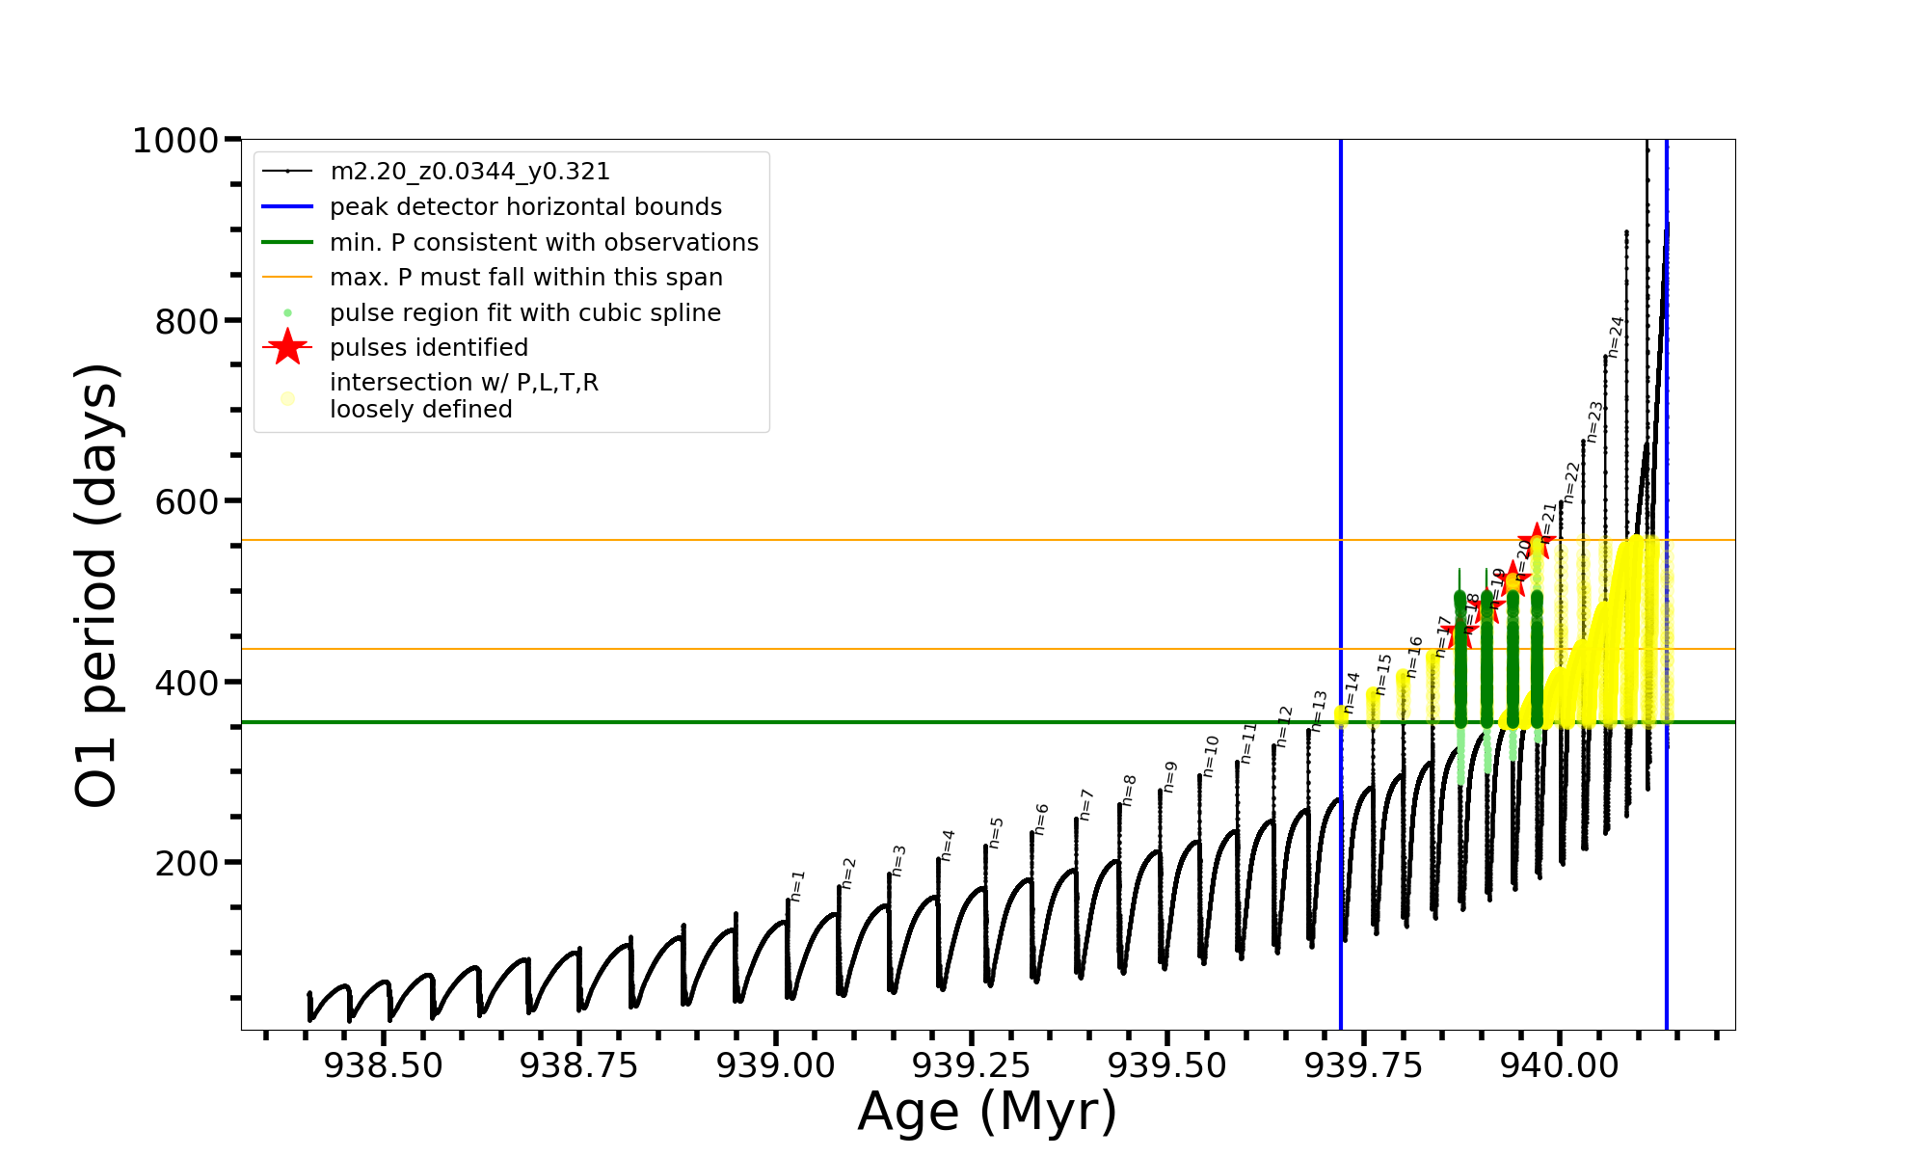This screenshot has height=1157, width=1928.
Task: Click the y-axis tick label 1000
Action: click(175, 141)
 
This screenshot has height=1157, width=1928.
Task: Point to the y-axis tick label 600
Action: click(187, 501)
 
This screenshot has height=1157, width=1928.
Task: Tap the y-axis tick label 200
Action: click(187, 863)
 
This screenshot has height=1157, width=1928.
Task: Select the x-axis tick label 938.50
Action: click(384, 1065)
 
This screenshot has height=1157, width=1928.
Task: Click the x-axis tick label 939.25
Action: click(972, 1065)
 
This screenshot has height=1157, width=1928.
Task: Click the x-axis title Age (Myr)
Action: click(987, 1112)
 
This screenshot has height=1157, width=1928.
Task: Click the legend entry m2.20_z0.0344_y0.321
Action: click(469, 172)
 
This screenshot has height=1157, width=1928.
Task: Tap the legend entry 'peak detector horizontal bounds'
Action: click(525, 207)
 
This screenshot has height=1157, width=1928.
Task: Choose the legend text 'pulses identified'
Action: click(429, 348)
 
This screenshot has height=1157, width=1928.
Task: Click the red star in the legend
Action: click(287, 347)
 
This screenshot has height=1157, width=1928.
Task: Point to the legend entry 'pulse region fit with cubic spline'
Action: click(525, 313)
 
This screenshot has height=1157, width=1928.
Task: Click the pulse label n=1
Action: click(797, 885)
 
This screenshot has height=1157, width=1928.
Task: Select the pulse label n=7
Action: click(1086, 804)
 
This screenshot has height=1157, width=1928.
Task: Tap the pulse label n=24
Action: click(1617, 337)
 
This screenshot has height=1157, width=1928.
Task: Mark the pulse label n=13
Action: click(1320, 711)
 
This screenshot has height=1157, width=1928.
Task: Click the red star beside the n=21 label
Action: click(1535, 541)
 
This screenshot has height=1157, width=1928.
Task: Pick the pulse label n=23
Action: click(1594, 421)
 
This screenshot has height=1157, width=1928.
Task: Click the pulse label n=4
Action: click(948, 845)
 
